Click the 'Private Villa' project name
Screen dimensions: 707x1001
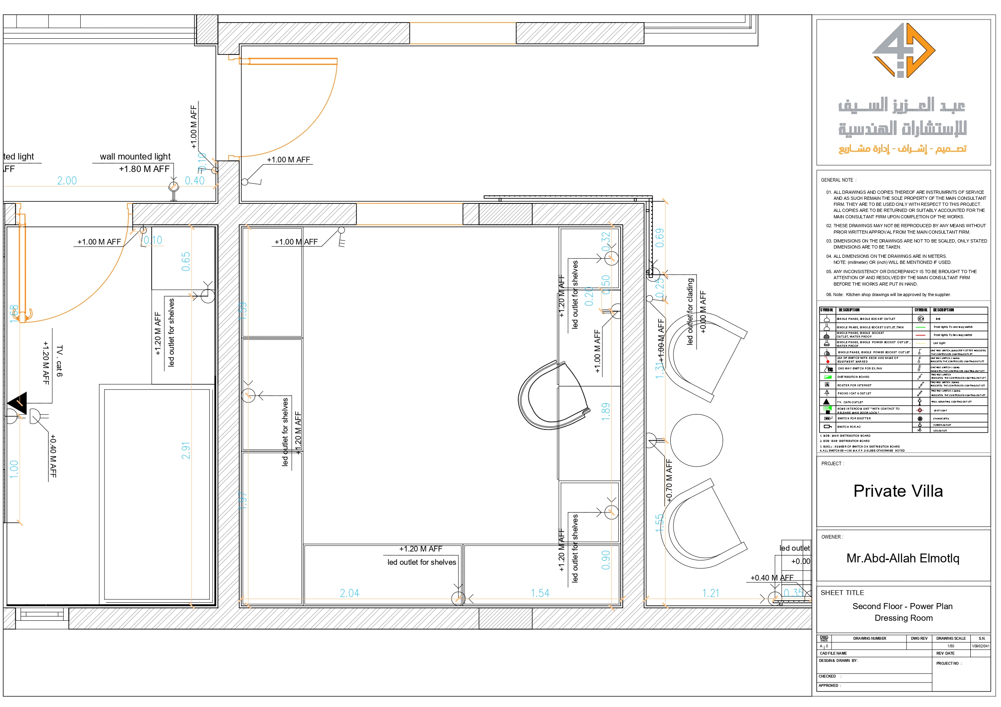(898, 491)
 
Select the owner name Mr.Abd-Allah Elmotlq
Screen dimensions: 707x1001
(903, 558)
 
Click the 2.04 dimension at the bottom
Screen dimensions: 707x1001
(349, 593)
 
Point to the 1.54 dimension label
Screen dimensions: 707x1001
(540, 593)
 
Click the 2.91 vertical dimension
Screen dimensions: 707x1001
(186, 450)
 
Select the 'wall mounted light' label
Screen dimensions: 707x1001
(135, 156)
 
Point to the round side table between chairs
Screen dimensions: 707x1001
(696, 440)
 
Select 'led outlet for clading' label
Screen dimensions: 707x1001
(690, 311)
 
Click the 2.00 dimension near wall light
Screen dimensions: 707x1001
(67, 180)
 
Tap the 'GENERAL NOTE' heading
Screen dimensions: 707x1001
(838, 180)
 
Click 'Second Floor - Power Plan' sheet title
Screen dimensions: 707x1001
(903, 606)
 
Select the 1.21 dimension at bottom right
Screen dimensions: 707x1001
(711, 593)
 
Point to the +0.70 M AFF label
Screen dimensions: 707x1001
(669, 481)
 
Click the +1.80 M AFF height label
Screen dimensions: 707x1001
(144, 169)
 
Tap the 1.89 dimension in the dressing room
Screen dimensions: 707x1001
(606, 411)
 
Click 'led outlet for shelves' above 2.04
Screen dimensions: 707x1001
(421, 562)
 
